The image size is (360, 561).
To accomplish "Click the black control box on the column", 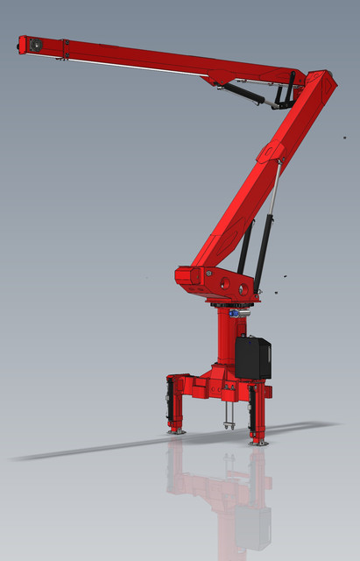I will pos(252,358).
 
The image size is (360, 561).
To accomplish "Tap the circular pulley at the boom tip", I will pos(35,45).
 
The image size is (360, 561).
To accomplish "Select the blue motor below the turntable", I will pos(234,313).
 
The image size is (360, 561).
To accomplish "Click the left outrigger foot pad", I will pos(177,430).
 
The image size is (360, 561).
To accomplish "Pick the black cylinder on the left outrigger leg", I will pos(170,400).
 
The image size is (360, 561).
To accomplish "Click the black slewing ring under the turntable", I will pos(229,303).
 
